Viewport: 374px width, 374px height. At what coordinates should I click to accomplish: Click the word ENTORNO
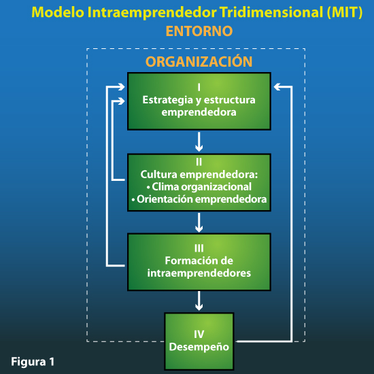pyautogui.click(x=199, y=31)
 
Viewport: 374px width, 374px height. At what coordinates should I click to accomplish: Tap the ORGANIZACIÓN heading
pyautogui.click(x=199, y=62)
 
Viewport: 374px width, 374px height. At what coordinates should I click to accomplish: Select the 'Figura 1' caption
pyautogui.click(x=33, y=360)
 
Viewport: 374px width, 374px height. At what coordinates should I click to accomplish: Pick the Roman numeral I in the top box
pyautogui.click(x=199, y=88)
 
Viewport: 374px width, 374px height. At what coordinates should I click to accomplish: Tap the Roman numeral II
pyautogui.click(x=199, y=163)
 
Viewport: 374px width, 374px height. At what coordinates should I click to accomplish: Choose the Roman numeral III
pyautogui.click(x=199, y=248)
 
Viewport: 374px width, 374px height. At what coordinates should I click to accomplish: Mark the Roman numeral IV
pyautogui.click(x=199, y=334)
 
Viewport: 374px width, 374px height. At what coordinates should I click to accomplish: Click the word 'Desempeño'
pyautogui.click(x=199, y=346)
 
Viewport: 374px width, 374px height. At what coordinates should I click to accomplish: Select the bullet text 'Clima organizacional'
pyautogui.click(x=199, y=186)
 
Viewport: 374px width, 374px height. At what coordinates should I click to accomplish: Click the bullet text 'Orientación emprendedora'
pyautogui.click(x=199, y=199)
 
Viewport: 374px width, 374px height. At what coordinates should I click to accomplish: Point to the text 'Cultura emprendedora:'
pyautogui.click(x=199, y=174)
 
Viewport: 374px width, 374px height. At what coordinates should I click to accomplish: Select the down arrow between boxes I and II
pyautogui.click(x=199, y=142)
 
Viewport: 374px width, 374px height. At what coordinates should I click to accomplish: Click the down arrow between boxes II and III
pyautogui.click(x=199, y=222)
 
